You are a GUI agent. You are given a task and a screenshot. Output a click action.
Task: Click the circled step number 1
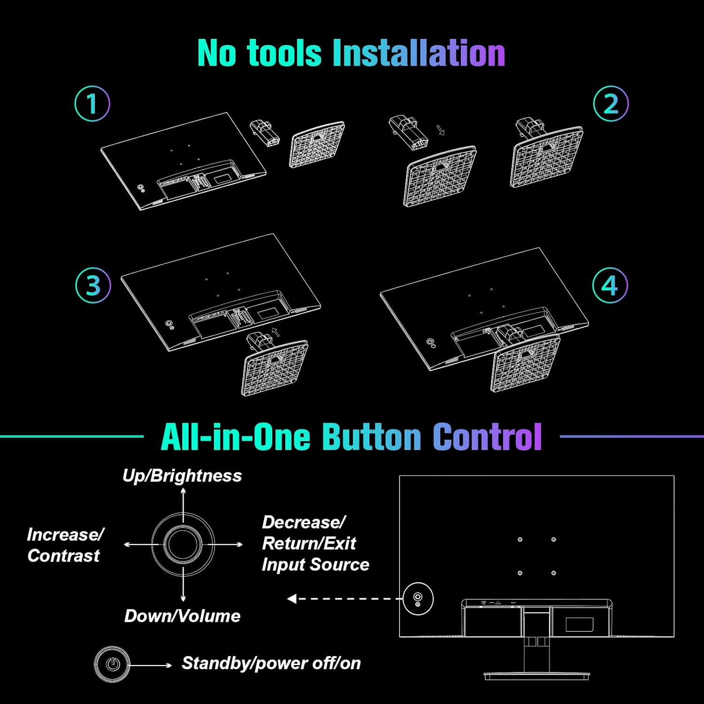(x=92, y=104)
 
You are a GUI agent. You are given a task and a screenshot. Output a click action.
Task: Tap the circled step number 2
(x=611, y=104)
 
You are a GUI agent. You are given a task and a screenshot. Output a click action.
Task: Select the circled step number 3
(x=93, y=285)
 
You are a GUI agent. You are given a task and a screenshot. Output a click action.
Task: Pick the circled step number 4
(x=610, y=285)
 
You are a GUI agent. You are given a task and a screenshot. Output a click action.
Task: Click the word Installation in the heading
(x=419, y=53)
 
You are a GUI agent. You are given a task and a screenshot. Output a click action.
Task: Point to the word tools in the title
(x=284, y=53)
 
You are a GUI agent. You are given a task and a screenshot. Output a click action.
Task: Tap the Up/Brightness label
(x=182, y=475)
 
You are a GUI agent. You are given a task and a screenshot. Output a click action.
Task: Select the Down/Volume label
(x=182, y=616)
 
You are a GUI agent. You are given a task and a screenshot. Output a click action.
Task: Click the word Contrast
(x=63, y=556)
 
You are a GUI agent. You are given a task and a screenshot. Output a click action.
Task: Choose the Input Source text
(x=315, y=565)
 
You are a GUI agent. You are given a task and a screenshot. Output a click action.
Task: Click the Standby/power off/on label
(x=271, y=663)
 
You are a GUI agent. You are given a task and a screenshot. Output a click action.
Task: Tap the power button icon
(x=112, y=664)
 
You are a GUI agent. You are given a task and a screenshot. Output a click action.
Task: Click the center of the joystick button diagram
(x=183, y=544)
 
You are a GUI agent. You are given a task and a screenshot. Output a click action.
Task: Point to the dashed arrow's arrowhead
(x=292, y=598)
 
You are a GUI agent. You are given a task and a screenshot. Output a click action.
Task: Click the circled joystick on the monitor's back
(x=418, y=598)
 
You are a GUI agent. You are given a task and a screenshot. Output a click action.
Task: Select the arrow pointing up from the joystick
(x=183, y=505)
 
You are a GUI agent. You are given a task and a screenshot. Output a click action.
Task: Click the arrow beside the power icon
(x=151, y=665)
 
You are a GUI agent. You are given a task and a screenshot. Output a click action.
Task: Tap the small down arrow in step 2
(x=441, y=130)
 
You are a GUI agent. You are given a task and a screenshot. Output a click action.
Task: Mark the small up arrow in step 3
(x=276, y=332)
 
